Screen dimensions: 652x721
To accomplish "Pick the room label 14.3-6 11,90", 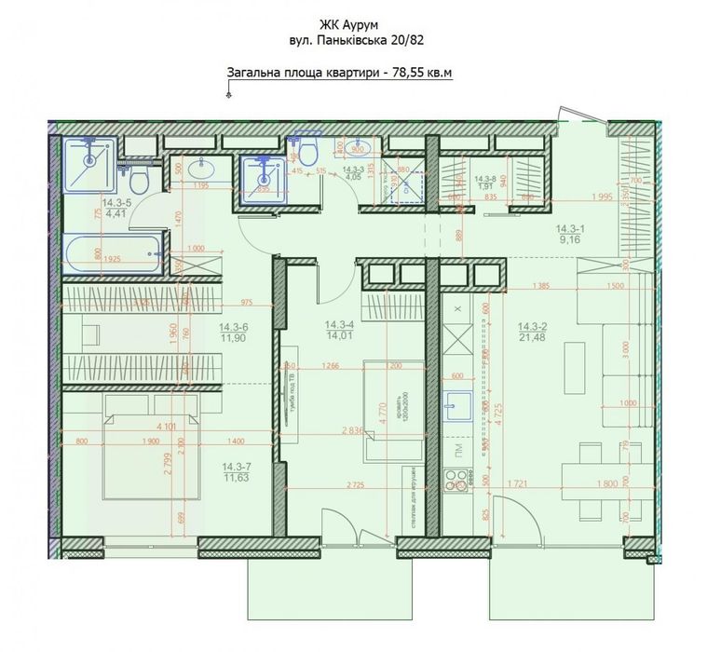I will click(232, 333).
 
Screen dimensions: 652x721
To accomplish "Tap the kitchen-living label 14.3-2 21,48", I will click(530, 332).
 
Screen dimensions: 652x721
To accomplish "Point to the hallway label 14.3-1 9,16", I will click(571, 233).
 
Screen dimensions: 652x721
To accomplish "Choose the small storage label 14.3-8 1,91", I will click(485, 183).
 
